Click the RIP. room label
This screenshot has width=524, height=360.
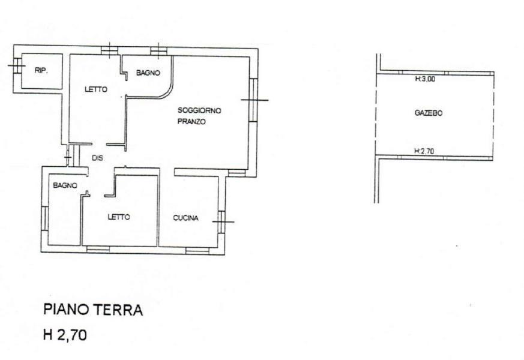(x=41, y=70)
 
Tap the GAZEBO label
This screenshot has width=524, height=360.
(x=429, y=113)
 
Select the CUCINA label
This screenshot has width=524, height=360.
(x=185, y=218)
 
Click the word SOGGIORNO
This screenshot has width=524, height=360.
(x=199, y=110)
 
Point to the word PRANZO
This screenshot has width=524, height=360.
(x=191, y=122)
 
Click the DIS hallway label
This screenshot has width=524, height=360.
(x=98, y=158)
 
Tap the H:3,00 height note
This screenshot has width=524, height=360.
(x=425, y=79)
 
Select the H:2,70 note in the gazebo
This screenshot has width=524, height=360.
(x=424, y=151)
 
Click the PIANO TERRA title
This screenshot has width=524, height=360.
(x=93, y=310)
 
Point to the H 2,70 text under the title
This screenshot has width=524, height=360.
(x=65, y=334)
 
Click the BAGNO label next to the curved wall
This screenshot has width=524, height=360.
(x=148, y=73)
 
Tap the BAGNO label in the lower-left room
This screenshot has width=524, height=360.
(x=65, y=185)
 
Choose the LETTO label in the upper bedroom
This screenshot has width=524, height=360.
(x=96, y=89)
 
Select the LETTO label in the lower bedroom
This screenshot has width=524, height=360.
(x=119, y=217)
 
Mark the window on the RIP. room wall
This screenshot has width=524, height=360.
(x=17, y=65)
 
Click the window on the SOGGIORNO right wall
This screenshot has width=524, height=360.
(x=254, y=100)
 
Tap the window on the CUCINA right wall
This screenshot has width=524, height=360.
(x=222, y=222)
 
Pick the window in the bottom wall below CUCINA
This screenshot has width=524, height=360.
(x=197, y=251)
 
